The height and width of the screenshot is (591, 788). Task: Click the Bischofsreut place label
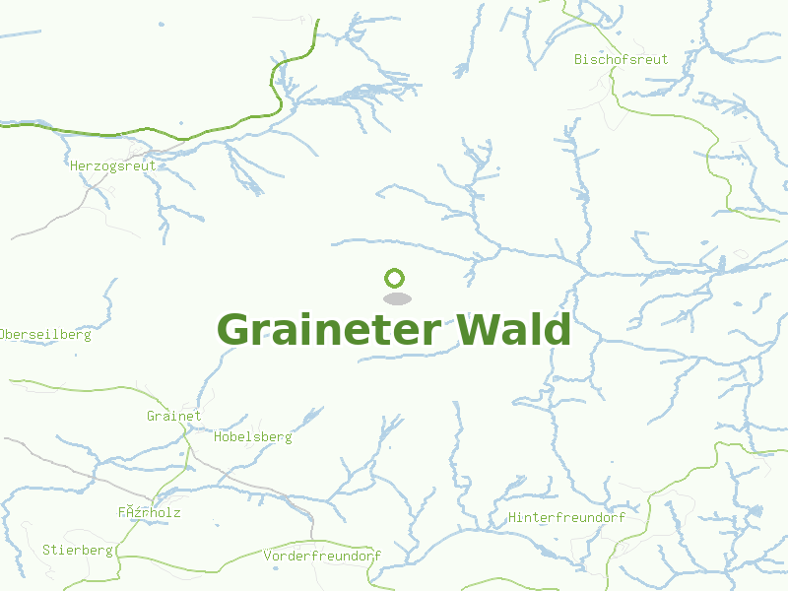621,59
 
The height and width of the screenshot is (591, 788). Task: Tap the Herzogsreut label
113,165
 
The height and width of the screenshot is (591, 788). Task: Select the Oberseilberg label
45,334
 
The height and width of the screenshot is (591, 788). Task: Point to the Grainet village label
173,416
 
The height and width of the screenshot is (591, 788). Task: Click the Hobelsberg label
252,436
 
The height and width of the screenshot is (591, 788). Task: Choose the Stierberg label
78,550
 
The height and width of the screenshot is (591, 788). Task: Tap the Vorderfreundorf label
322,556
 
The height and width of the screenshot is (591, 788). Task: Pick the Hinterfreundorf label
566,516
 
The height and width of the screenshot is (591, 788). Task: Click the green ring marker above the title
395,278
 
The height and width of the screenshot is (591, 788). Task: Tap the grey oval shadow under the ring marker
396,297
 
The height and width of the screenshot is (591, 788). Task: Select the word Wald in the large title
512,330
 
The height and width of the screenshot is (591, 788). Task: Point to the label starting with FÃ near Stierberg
149,512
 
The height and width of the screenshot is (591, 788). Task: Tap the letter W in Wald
475,330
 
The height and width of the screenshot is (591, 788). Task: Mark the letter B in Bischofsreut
579,59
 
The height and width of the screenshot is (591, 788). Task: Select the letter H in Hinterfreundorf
513,516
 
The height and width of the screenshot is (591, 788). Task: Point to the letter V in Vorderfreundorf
268,556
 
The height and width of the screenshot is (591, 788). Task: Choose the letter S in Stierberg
46,550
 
